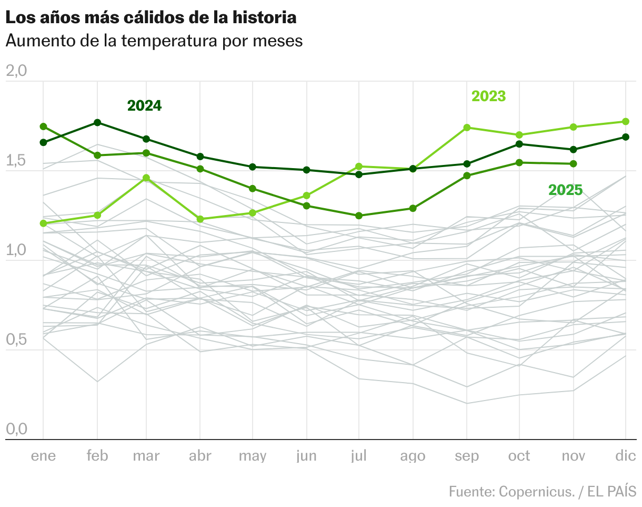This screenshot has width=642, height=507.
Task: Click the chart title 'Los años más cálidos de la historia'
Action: [151, 17]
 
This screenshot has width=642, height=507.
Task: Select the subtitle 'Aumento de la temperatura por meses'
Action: [154, 41]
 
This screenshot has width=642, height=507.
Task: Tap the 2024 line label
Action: [144, 106]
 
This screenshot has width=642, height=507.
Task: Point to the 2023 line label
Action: [488, 96]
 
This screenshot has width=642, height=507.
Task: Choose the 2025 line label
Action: [565, 190]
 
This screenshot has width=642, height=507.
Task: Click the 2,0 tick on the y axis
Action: [16, 71]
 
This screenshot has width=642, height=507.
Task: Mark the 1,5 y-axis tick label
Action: [16, 161]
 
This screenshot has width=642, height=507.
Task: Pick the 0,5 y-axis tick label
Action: [16, 340]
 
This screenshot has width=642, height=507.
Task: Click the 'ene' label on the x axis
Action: [43, 456]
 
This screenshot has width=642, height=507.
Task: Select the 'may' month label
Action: [253, 456]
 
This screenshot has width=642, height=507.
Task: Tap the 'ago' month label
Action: [413, 456]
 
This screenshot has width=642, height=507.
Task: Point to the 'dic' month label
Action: [625, 456]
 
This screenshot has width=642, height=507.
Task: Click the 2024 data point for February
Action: [97, 123]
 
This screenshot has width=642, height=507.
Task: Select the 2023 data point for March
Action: [146, 178]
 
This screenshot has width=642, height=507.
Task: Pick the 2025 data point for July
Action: [359, 216]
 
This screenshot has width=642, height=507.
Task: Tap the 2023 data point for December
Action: [626, 122]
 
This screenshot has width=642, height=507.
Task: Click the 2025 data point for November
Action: [573, 164]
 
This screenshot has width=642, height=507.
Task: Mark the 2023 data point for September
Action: [466, 128]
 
